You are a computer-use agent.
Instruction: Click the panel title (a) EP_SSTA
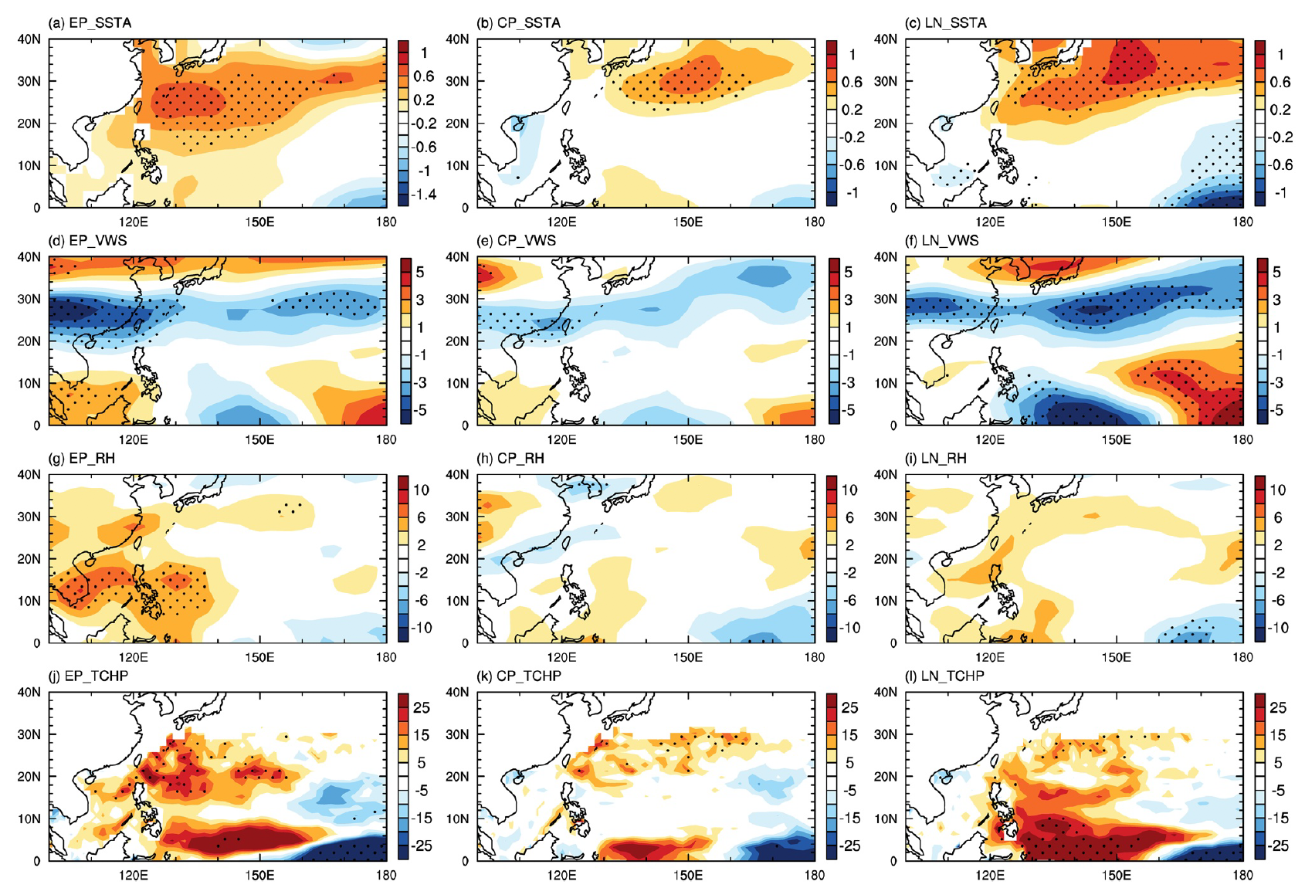pyautogui.click(x=90, y=23)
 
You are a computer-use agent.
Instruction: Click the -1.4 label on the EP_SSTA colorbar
pyautogui.click(x=424, y=195)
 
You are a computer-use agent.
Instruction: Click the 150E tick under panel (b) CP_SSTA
pyautogui.click(x=687, y=222)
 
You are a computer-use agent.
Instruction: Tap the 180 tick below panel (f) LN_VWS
pyautogui.click(x=1242, y=440)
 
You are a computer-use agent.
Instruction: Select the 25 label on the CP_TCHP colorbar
pyautogui.click(x=849, y=707)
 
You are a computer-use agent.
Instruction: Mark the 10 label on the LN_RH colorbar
pyautogui.click(x=1277, y=490)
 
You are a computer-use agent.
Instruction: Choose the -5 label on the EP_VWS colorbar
pyautogui.click(x=420, y=410)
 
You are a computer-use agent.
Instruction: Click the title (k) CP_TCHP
pyautogui.click(x=519, y=676)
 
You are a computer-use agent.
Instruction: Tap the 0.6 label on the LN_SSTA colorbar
pyautogui.click(x=1280, y=82)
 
